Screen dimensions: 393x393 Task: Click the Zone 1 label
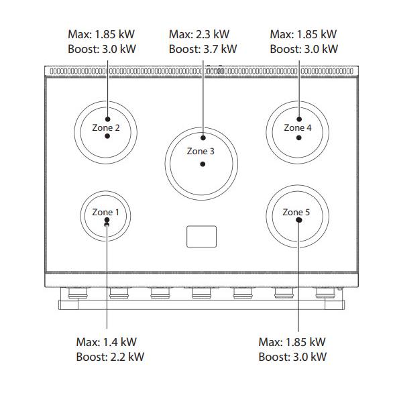pyautogui.click(x=106, y=212)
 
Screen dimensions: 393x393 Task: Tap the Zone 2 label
pyautogui.click(x=106, y=127)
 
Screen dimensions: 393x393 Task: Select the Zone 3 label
pyautogui.click(x=201, y=151)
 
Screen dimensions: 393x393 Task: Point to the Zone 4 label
pyautogui.click(x=298, y=127)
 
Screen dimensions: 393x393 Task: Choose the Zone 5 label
pyautogui.click(x=296, y=212)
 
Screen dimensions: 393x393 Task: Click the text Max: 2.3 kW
pyautogui.click(x=199, y=34)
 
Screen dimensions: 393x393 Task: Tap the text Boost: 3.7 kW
pyautogui.click(x=203, y=49)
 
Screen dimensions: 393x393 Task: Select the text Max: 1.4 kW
pyautogui.click(x=106, y=342)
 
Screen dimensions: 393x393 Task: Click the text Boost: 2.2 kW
pyautogui.click(x=110, y=357)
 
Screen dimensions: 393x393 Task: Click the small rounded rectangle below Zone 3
pyautogui.click(x=201, y=237)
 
